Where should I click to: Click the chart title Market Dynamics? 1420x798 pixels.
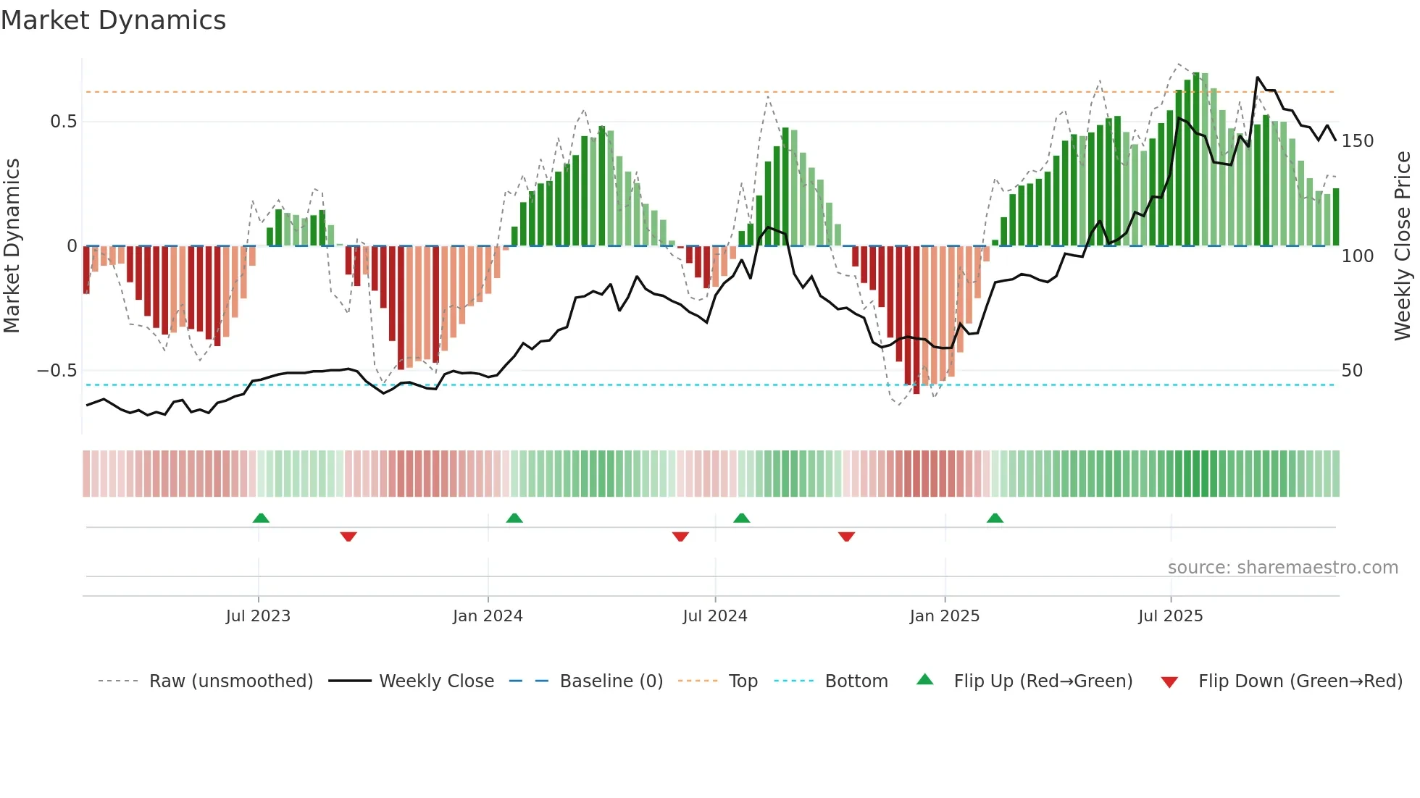(x=113, y=20)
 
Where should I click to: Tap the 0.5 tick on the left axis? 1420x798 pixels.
(x=63, y=122)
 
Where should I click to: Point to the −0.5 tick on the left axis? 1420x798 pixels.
(x=57, y=371)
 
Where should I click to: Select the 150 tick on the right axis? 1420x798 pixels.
(x=1357, y=141)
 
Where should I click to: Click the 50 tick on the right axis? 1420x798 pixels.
(x=1352, y=371)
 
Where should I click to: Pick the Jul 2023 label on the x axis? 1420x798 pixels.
(x=258, y=616)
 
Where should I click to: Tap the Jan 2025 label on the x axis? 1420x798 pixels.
(x=944, y=616)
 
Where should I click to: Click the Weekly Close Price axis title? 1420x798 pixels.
(x=1403, y=246)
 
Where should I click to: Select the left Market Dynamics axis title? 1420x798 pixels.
(x=12, y=246)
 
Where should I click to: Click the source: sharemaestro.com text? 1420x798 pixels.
(x=1282, y=568)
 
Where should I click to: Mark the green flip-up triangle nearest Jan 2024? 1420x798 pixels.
(x=514, y=518)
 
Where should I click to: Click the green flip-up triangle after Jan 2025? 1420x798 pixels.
(x=995, y=518)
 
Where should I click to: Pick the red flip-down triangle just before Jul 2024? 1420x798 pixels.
(x=680, y=537)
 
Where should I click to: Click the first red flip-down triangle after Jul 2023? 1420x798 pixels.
(x=348, y=537)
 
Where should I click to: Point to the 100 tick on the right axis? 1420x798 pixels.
(x=1357, y=256)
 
